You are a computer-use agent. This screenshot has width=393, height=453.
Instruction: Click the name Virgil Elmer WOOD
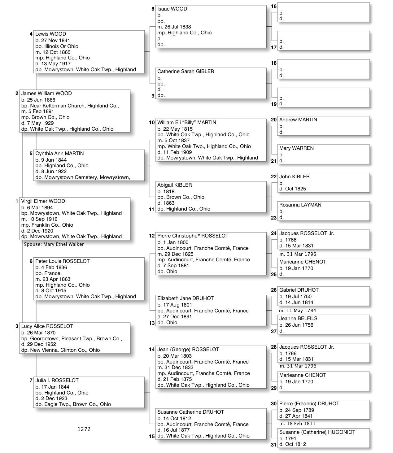(43, 201)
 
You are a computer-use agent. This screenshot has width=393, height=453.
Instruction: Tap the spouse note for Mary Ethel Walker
(54, 244)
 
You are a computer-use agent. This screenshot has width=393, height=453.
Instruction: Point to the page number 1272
(84, 429)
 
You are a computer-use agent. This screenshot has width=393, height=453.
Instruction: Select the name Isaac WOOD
(172, 9)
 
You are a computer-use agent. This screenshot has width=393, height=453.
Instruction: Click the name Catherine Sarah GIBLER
(186, 72)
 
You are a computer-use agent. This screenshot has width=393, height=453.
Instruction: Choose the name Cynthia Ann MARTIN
(59, 154)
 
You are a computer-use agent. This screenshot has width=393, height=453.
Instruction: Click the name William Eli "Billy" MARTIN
(187, 123)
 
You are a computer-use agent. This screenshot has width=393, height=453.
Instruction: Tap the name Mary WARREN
(296, 148)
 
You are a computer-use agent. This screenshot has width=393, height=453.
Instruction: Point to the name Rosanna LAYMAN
(300, 205)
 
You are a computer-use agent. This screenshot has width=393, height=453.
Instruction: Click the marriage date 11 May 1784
(298, 311)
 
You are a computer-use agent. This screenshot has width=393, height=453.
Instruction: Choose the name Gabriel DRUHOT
(299, 290)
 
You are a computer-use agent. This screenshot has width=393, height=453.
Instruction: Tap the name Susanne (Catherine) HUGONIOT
(317, 432)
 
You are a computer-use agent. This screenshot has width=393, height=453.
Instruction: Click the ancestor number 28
(274, 347)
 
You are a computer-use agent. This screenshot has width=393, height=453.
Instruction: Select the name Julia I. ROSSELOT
(57, 381)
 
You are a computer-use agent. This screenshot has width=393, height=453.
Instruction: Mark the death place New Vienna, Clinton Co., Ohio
(61, 350)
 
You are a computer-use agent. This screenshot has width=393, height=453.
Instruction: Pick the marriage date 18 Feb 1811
(297, 424)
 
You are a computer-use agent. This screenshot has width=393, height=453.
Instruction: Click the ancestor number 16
(274, 7)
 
